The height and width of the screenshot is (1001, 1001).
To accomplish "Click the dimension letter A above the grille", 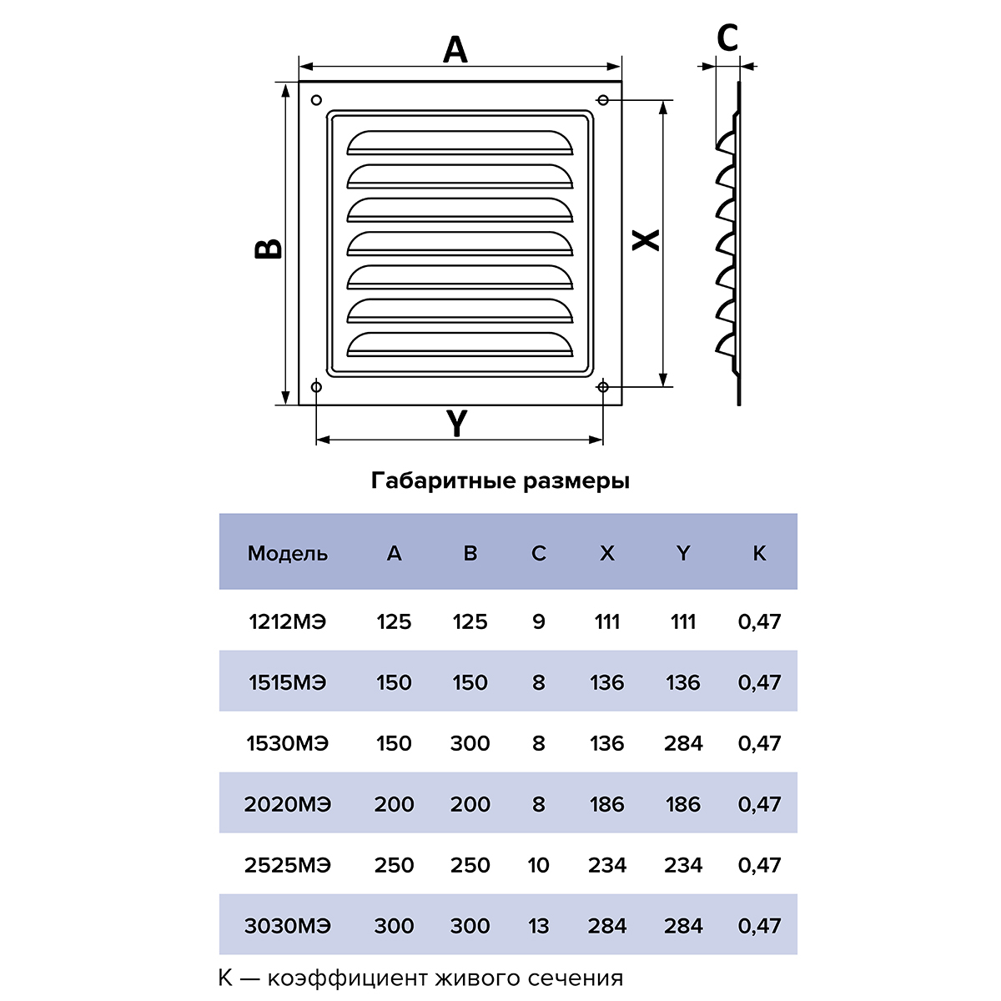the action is pos(455,50).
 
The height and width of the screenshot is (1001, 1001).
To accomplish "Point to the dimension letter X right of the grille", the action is pos(645,240).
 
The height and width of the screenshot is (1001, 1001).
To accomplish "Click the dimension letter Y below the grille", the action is pos(457,423).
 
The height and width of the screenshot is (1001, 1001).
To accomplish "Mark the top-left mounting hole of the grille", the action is pos(316,100).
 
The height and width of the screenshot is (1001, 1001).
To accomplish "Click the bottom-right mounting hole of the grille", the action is pos(602,387).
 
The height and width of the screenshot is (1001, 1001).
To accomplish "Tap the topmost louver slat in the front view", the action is pos(460,143).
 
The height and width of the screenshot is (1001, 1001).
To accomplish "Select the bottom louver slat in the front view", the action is pos(460,345).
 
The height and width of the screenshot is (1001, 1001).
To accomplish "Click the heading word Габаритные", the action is pos(444,481).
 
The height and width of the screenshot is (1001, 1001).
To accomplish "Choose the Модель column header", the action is pos(287,554).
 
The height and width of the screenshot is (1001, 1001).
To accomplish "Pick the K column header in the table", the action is pos(759,553).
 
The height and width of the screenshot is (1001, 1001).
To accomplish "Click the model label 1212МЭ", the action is pos(287,621).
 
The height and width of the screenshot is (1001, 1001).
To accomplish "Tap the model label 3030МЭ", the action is pos(287,926).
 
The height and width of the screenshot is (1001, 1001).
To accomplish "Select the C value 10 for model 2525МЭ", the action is pos(538,865).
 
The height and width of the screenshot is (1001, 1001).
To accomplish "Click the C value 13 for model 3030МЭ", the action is pos(538,926).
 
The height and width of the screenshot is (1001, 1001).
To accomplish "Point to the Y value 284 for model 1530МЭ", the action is pos(683,743).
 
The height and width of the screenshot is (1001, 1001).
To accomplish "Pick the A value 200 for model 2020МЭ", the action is pos(394,804).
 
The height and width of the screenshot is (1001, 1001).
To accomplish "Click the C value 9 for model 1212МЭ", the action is pos(539,621).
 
